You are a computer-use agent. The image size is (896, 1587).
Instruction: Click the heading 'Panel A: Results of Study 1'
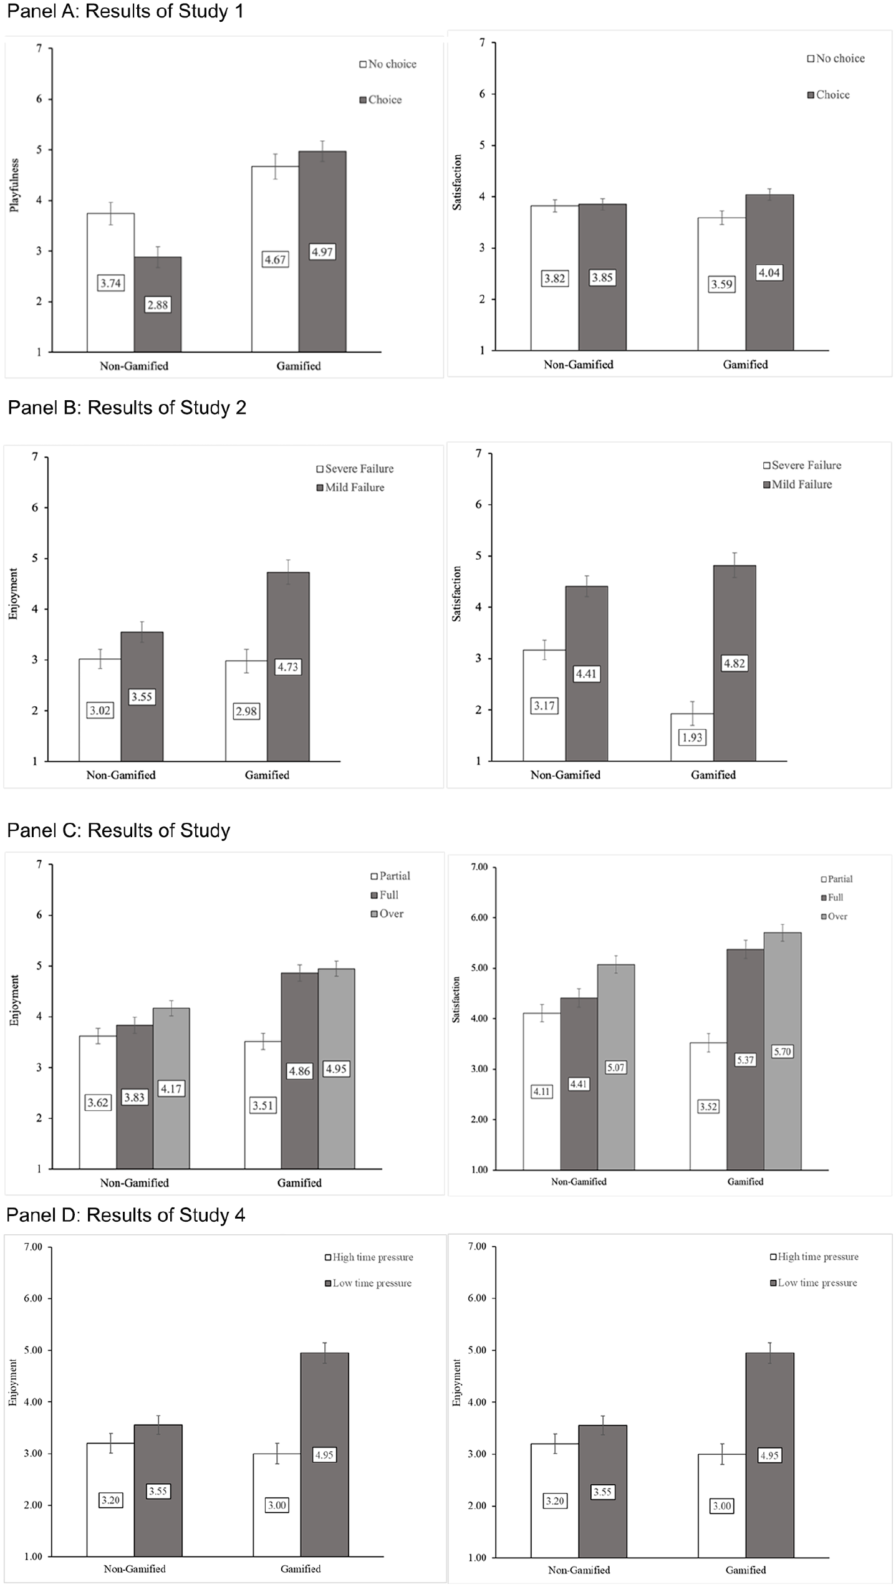click(x=125, y=11)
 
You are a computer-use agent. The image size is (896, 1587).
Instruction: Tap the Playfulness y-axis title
click(x=14, y=185)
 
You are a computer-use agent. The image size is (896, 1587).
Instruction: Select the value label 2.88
click(x=158, y=305)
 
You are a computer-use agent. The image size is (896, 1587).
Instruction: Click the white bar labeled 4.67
click(x=275, y=259)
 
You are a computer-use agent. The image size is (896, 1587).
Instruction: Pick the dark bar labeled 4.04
click(x=769, y=272)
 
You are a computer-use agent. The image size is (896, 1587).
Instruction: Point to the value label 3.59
click(x=722, y=284)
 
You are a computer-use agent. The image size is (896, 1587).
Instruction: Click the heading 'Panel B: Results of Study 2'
click(x=127, y=408)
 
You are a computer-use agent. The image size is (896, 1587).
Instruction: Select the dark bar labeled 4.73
click(x=288, y=666)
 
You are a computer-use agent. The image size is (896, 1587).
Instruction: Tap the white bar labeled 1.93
click(x=692, y=737)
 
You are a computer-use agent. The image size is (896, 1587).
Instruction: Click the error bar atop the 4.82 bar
click(x=735, y=565)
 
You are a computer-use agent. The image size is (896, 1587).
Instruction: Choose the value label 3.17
click(x=544, y=706)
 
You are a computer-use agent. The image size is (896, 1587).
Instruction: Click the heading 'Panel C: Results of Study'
click(x=118, y=830)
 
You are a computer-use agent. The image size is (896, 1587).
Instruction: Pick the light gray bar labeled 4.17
click(x=171, y=1088)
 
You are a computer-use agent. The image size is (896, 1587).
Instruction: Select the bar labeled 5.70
click(x=783, y=1051)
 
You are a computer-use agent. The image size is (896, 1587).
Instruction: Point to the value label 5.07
click(x=615, y=1068)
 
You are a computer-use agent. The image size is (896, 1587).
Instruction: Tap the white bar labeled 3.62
click(x=98, y=1102)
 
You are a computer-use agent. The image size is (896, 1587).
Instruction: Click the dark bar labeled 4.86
click(x=299, y=1070)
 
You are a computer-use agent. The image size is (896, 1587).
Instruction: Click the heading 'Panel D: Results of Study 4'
click(x=125, y=1215)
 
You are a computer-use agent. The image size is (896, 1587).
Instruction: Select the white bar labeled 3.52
click(x=708, y=1106)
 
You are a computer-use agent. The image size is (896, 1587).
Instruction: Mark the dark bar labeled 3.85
click(x=602, y=277)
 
